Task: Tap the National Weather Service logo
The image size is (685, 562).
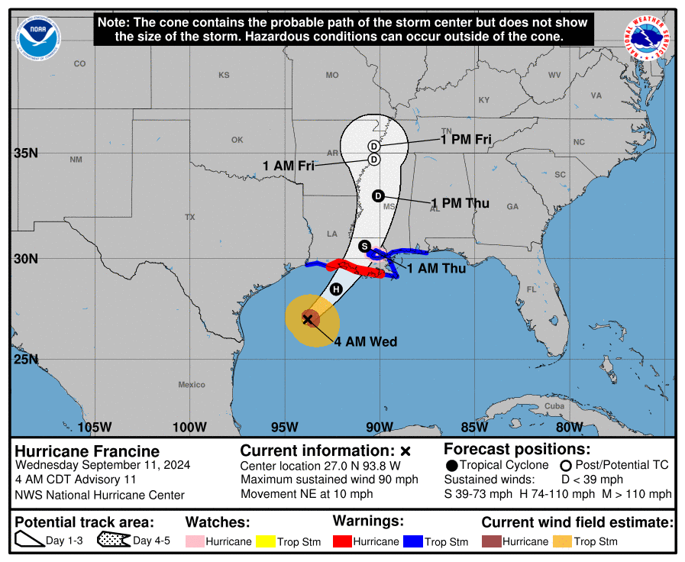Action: point(648,38)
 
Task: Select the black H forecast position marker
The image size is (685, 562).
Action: point(336,289)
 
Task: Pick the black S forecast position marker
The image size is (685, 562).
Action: point(365,246)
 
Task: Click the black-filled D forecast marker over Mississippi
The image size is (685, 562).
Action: point(377,196)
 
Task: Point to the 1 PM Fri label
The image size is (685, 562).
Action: point(465,140)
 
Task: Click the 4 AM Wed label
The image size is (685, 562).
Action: point(366,342)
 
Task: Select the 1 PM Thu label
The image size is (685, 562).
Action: point(460,203)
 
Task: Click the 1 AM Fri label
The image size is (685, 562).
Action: point(289,166)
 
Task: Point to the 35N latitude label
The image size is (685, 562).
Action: point(26,153)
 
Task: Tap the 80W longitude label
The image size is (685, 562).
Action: point(570,427)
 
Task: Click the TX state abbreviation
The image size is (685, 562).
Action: point(189,218)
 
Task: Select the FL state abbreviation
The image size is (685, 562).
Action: point(532,289)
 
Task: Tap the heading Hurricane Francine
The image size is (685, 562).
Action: point(87,451)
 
